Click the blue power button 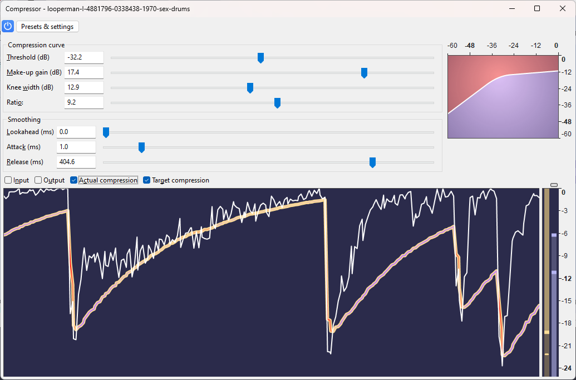point(8,26)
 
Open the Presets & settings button point(48,27)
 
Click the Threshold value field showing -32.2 point(84,57)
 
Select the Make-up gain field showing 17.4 point(84,72)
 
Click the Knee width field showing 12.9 point(84,87)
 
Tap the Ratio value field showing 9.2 point(84,102)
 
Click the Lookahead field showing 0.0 point(76,132)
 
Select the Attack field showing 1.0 point(76,147)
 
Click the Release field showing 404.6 point(76,162)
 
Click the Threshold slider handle point(260,58)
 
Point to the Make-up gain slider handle point(364,73)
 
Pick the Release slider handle point(372,162)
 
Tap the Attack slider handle point(141,147)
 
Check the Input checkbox point(8,180)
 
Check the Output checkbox point(38,180)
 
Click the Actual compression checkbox point(74,180)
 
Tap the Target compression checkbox point(147,180)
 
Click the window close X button point(563,8)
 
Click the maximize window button point(537,8)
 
